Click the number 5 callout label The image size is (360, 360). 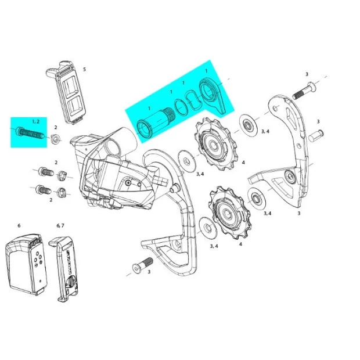(85, 69)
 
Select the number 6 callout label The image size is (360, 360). (19, 226)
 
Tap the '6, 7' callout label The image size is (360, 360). (60, 226)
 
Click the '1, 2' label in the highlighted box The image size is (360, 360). (36, 121)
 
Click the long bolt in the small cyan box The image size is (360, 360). (30, 133)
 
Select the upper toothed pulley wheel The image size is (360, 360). (215, 144)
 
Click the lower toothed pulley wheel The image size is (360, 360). (229, 213)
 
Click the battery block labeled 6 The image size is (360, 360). (26, 265)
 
